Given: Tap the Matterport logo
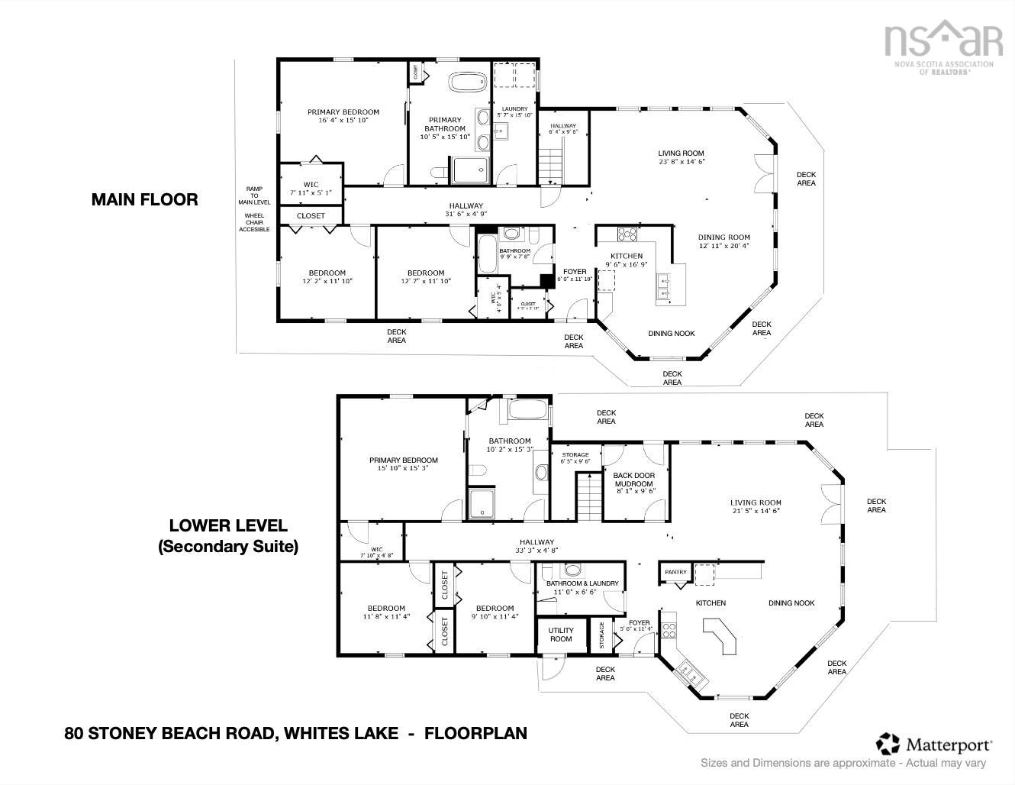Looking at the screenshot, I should pyautogui.click(x=935, y=744).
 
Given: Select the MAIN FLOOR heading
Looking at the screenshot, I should pyautogui.click(x=144, y=199).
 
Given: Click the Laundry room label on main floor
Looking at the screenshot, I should pyautogui.click(x=514, y=109).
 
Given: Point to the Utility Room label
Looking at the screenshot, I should pyautogui.click(x=561, y=635).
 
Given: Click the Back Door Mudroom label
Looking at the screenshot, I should pyautogui.click(x=633, y=480).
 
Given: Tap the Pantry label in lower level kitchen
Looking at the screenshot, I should pyautogui.click(x=675, y=572).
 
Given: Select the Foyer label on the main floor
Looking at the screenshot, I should pyautogui.click(x=575, y=272).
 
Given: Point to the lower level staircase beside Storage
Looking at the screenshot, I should pyautogui.click(x=587, y=496).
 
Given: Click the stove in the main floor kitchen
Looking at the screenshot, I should pyautogui.click(x=627, y=234).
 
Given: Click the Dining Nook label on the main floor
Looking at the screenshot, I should pyautogui.click(x=672, y=333).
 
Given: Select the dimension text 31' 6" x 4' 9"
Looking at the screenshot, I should pyautogui.click(x=466, y=214).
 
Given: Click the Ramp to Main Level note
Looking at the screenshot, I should pyautogui.click(x=253, y=195).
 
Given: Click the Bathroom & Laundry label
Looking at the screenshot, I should pyautogui.click(x=582, y=583).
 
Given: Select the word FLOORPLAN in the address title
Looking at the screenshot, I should pyautogui.click(x=475, y=733).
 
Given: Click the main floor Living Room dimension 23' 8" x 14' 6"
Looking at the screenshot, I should pyautogui.click(x=681, y=162).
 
